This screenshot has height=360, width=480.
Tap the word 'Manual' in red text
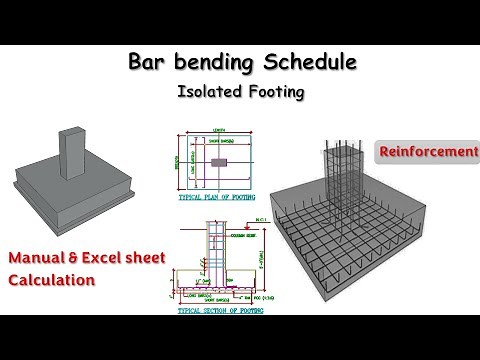(x=38, y=259)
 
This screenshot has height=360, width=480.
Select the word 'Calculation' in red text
(x=51, y=279)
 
